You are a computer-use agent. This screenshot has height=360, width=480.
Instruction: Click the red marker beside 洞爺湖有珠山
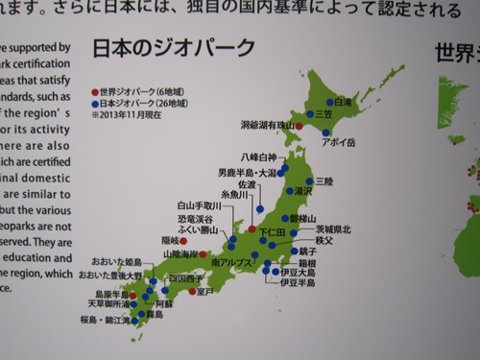(x=299, y=126)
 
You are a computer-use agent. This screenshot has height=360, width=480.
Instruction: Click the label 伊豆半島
(x=298, y=284)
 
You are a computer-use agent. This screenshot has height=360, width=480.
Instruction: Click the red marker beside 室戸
(x=192, y=291)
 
